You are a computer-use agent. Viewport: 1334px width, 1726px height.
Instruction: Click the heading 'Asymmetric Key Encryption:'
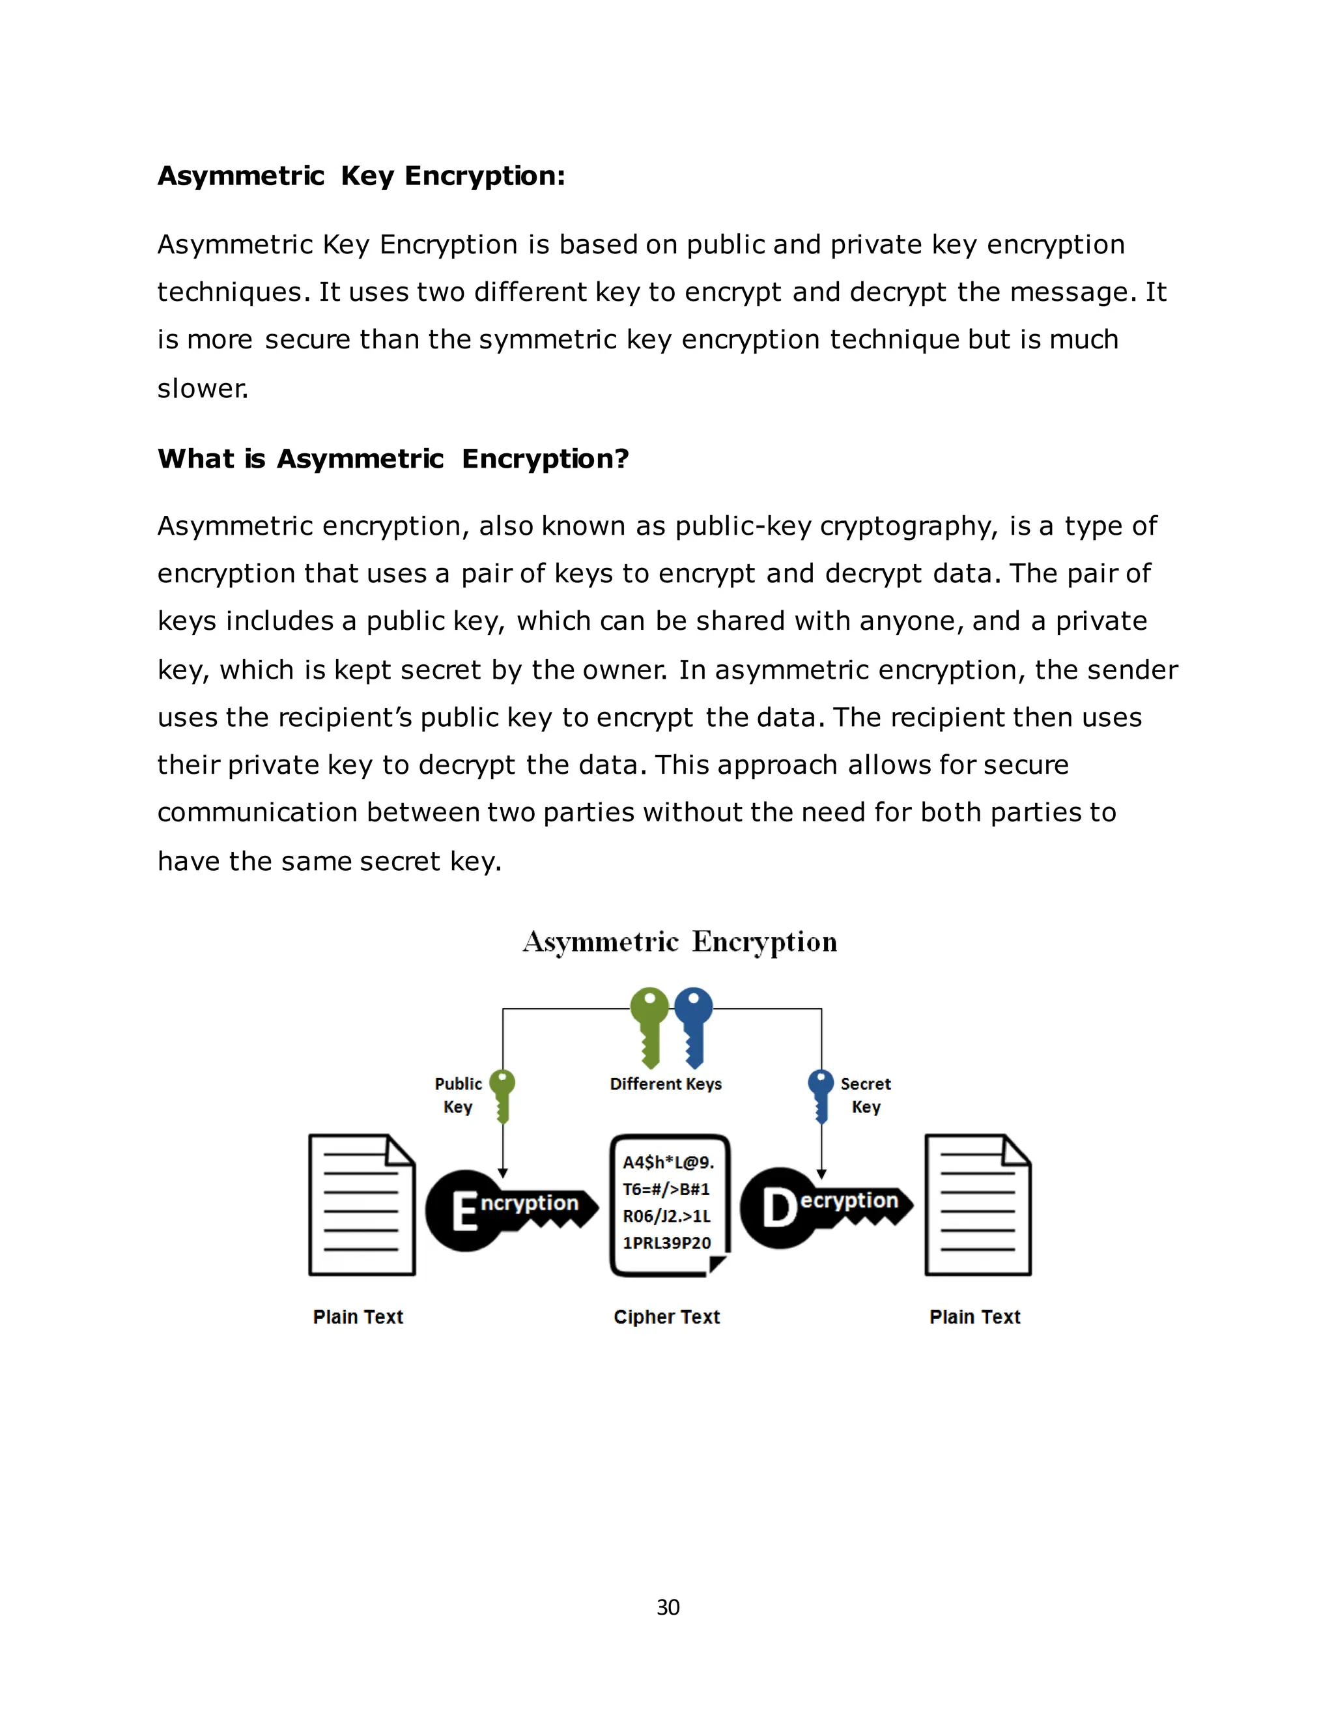point(361,175)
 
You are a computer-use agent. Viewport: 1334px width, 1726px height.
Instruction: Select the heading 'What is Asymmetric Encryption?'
point(393,459)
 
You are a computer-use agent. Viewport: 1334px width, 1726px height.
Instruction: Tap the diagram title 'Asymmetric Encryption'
point(679,941)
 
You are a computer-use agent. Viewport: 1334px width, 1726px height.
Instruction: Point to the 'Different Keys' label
point(666,1084)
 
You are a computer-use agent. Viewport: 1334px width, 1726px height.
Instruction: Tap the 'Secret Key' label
point(866,1095)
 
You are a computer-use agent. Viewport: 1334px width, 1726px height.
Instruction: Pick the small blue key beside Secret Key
point(821,1096)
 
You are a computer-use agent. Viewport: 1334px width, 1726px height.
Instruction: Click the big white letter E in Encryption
point(464,1211)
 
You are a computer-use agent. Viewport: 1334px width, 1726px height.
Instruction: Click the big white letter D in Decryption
point(779,1208)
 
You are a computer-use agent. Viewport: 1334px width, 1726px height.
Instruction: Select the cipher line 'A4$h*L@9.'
point(668,1163)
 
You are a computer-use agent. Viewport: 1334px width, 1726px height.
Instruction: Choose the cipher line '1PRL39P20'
point(666,1243)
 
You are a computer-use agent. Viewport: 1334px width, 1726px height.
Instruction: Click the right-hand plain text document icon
point(978,1204)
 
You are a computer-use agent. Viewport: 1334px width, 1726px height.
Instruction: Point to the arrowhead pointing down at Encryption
point(503,1173)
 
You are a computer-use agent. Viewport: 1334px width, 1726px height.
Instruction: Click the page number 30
point(668,1607)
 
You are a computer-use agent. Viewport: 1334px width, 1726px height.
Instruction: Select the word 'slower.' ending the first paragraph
point(203,388)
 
